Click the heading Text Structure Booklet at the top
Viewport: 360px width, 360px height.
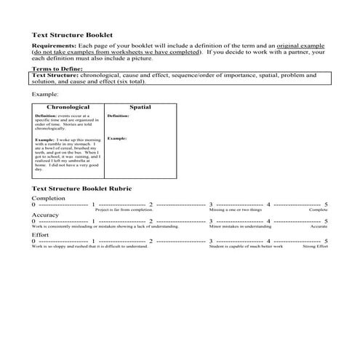(x=72, y=34)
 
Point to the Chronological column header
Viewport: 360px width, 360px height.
(x=68, y=107)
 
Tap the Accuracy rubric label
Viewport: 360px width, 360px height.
(x=46, y=215)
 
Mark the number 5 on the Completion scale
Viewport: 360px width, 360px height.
(x=326, y=204)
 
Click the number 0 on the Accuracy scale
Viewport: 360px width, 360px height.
(x=33, y=222)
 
